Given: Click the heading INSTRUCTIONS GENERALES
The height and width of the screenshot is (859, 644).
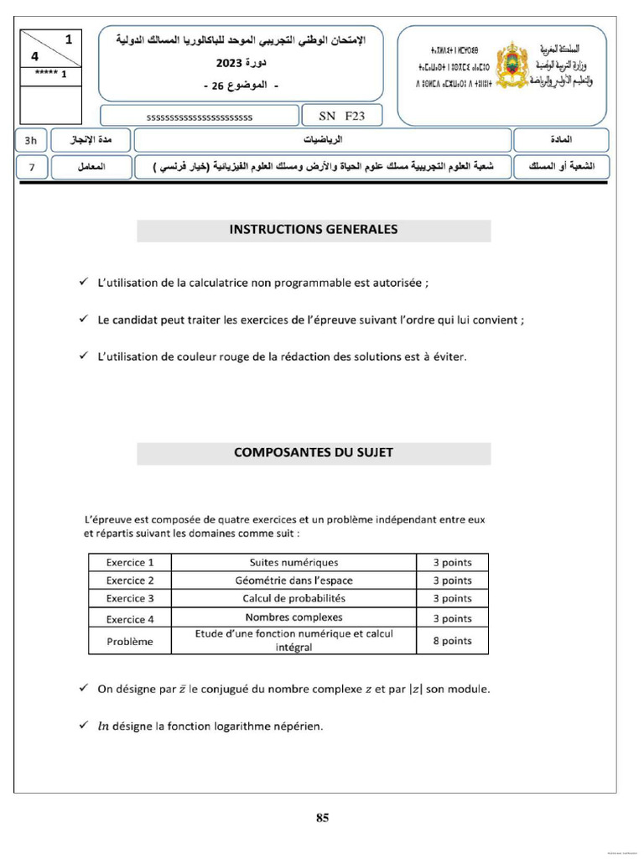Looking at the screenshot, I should pyautogui.click(x=314, y=229).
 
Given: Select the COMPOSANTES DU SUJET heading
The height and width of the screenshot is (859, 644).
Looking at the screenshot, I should pyautogui.click(x=314, y=452).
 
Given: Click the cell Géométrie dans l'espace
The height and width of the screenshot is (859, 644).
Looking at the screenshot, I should pyautogui.click(x=293, y=580).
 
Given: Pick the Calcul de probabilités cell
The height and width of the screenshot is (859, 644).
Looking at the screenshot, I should pyautogui.click(x=293, y=599).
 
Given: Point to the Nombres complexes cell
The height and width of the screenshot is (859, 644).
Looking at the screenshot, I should pyautogui.click(x=293, y=618).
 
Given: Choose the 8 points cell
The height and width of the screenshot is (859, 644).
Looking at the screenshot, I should pyautogui.click(x=452, y=641).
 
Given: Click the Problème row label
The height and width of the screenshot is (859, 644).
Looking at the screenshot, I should pyautogui.click(x=130, y=642).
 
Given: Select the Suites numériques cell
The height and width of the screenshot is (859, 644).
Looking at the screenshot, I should pyautogui.click(x=293, y=563).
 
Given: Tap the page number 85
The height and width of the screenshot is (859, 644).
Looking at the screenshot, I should pyautogui.click(x=322, y=819).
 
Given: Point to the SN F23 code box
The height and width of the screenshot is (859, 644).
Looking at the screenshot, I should pyautogui.click(x=339, y=116).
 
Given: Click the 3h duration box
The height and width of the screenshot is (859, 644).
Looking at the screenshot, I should pyautogui.click(x=31, y=140).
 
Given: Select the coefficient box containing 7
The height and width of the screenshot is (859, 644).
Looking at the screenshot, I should pyautogui.click(x=31, y=167).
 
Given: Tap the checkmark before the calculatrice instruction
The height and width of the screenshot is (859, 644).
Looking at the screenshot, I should pyautogui.click(x=83, y=283).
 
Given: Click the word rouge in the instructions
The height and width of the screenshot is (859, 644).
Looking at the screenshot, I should pyautogui.click(x=243, y=357).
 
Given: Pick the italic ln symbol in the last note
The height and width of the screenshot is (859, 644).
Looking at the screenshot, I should pyautogui.click(x=105, y=726).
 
